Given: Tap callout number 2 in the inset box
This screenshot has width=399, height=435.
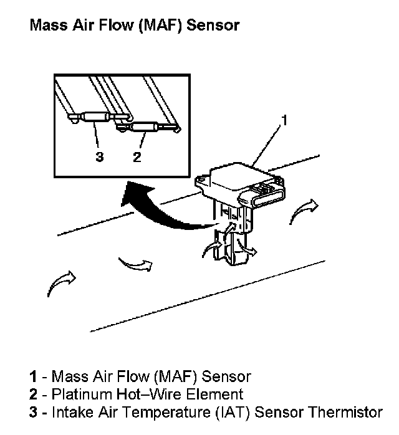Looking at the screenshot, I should click(137, 156).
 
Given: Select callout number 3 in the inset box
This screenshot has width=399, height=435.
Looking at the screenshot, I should click(99, 156).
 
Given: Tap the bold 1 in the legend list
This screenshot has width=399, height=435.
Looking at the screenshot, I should click(32, 376).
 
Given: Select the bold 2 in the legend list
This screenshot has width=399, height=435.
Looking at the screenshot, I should click(32, 394).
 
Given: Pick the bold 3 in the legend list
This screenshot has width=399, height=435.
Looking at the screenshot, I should click(32, 412).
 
